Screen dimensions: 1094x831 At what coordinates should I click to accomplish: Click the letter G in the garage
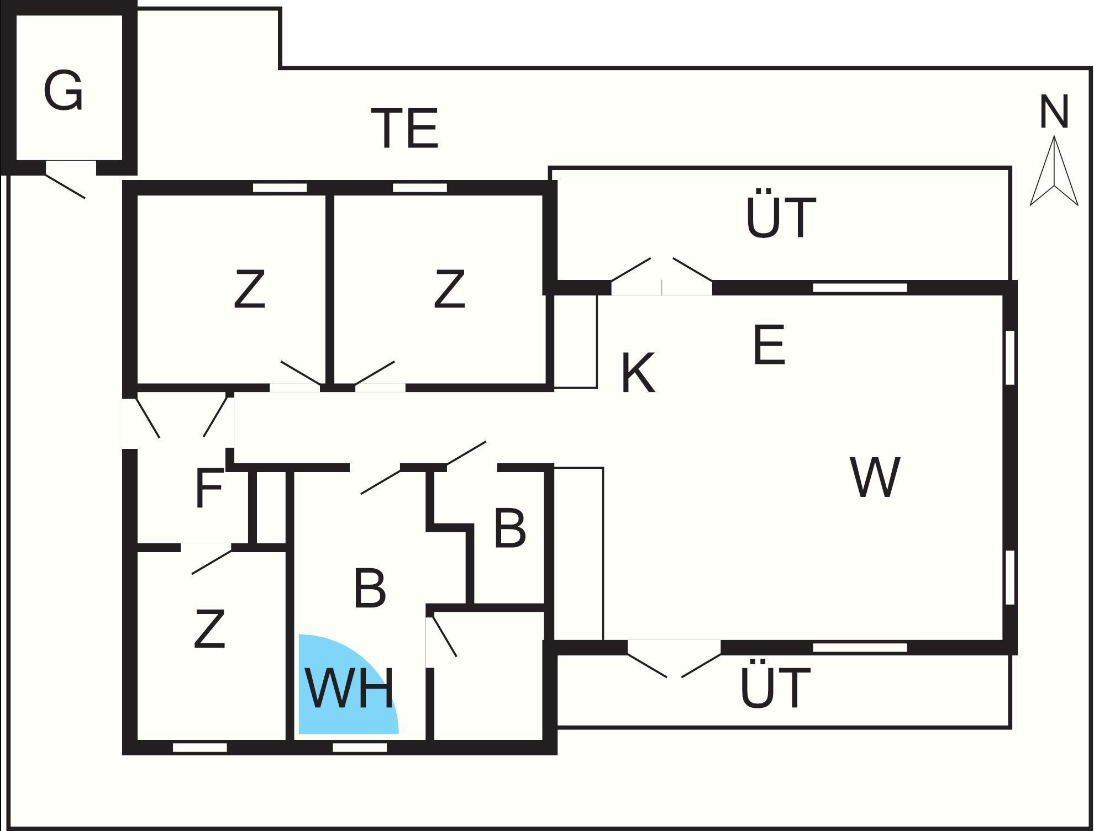(63, 91)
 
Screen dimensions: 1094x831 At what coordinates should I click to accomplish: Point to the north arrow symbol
(1054, 171)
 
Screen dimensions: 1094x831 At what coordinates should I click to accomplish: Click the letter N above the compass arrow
(1054, 112)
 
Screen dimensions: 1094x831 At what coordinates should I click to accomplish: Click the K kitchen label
(638, 373)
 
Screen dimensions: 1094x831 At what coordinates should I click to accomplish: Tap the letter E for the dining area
(769, 345)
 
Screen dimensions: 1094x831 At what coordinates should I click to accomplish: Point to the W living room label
(875, 477)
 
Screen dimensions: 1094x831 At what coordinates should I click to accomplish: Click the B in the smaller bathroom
(509, 528)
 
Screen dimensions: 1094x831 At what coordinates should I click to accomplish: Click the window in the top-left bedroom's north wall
(280, 188)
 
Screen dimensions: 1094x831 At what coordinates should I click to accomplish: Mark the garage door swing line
(65, 186)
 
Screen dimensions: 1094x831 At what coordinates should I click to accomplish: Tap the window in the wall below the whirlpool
(360, 748)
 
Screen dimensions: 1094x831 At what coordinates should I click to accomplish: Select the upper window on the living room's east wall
(1010, 357)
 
